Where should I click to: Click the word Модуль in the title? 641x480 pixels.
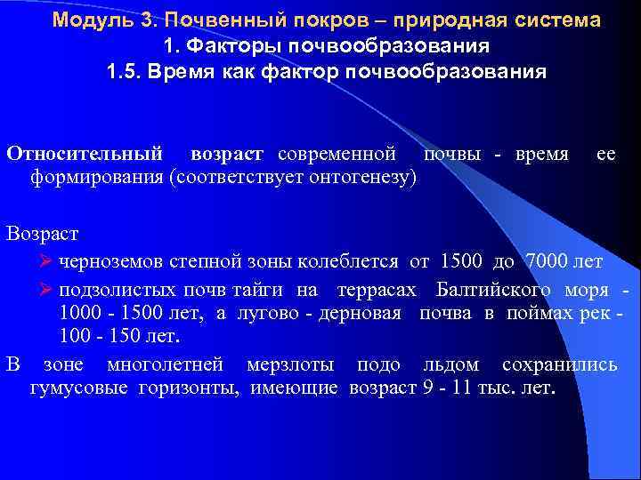[x=87, y=20]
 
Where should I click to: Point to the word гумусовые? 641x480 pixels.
[x=72, y=388]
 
